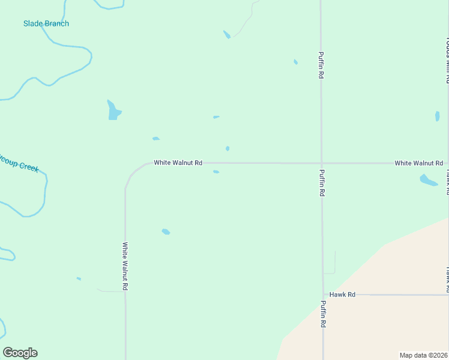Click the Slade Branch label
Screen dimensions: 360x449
[46, 23]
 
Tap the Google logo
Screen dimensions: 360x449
[20, 353]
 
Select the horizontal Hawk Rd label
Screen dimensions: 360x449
[343, 295]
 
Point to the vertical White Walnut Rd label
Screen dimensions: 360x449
[125, 266]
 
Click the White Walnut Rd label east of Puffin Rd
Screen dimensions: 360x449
[418, 163]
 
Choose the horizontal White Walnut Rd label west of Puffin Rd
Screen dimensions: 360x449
[178, 163]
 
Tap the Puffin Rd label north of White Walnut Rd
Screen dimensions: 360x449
[321, 65]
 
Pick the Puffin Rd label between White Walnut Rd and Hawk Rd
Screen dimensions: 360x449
[322, 183]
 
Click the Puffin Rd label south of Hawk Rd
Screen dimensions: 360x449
[323, 313]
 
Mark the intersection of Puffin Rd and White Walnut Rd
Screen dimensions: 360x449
[321, 163]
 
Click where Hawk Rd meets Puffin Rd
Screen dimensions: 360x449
[323, 295]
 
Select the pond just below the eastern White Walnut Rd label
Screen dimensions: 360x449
[428, 179]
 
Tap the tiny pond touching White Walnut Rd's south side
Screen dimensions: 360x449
[216, 172]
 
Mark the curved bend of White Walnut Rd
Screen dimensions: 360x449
[133, 173]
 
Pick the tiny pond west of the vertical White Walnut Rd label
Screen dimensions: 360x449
[79, 278]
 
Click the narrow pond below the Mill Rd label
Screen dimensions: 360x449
[437, 116]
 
